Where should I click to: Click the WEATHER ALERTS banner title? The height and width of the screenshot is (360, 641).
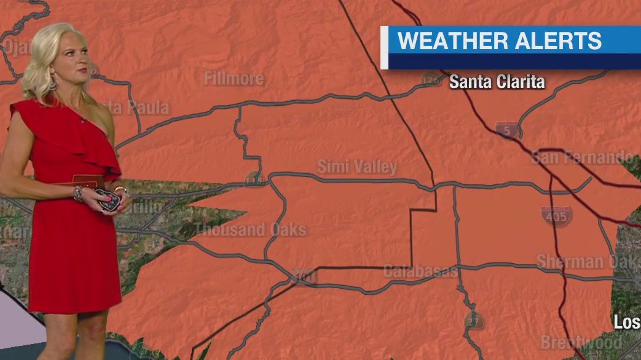[x=499, y=41]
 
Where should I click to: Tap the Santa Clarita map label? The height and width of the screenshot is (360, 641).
[x=497, y=82]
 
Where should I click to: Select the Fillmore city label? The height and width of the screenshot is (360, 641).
[x=234, y=79]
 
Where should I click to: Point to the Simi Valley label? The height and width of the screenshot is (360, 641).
[x=357, y=166]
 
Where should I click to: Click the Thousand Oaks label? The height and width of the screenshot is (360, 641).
[x=250, y=230]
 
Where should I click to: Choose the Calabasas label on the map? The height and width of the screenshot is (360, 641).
[x=420, y=271]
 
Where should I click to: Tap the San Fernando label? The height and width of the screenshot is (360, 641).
[x=581, y=157]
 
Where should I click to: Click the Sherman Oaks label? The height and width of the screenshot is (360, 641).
[x=588, y=261]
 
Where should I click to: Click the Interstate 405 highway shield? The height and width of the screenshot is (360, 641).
[x=556, y=216]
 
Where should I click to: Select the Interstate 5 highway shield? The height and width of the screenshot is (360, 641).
[x=506, y=130]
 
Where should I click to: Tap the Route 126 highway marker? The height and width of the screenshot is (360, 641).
[x=431, y=80]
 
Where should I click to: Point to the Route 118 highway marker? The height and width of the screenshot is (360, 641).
[x=254, y=180]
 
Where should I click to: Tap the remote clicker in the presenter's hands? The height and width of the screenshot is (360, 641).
[x=106, y=201]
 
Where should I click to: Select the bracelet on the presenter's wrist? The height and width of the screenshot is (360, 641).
[x=78, y=194]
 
